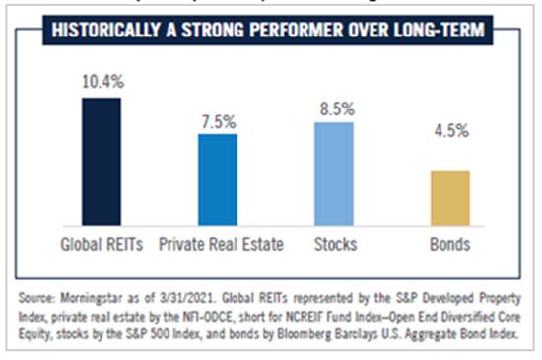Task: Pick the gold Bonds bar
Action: (449, 198)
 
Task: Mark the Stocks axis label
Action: (335, 243)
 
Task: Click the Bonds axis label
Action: (449, 243)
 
